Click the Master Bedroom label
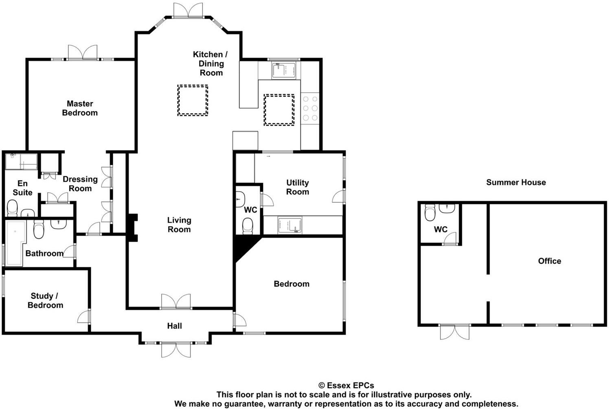coord(80,108)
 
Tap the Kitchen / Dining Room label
coord(210,63)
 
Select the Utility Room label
coord(298,187)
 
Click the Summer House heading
coord(516,182)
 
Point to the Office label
coord(549,261)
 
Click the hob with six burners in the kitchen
coord(310,108)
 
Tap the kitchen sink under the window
coord(284,70)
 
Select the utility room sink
coord(289,225)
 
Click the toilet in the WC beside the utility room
coord(248,226)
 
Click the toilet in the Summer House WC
coord(430,212)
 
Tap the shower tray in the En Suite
coord(21,161)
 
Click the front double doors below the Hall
coord(176,349)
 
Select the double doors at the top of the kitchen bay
coord(188,11)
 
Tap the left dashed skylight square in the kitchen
coord(193,100)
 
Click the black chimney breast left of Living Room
coord(132,227)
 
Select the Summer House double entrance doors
coord(455,331)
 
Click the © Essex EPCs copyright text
coord(346,385)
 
